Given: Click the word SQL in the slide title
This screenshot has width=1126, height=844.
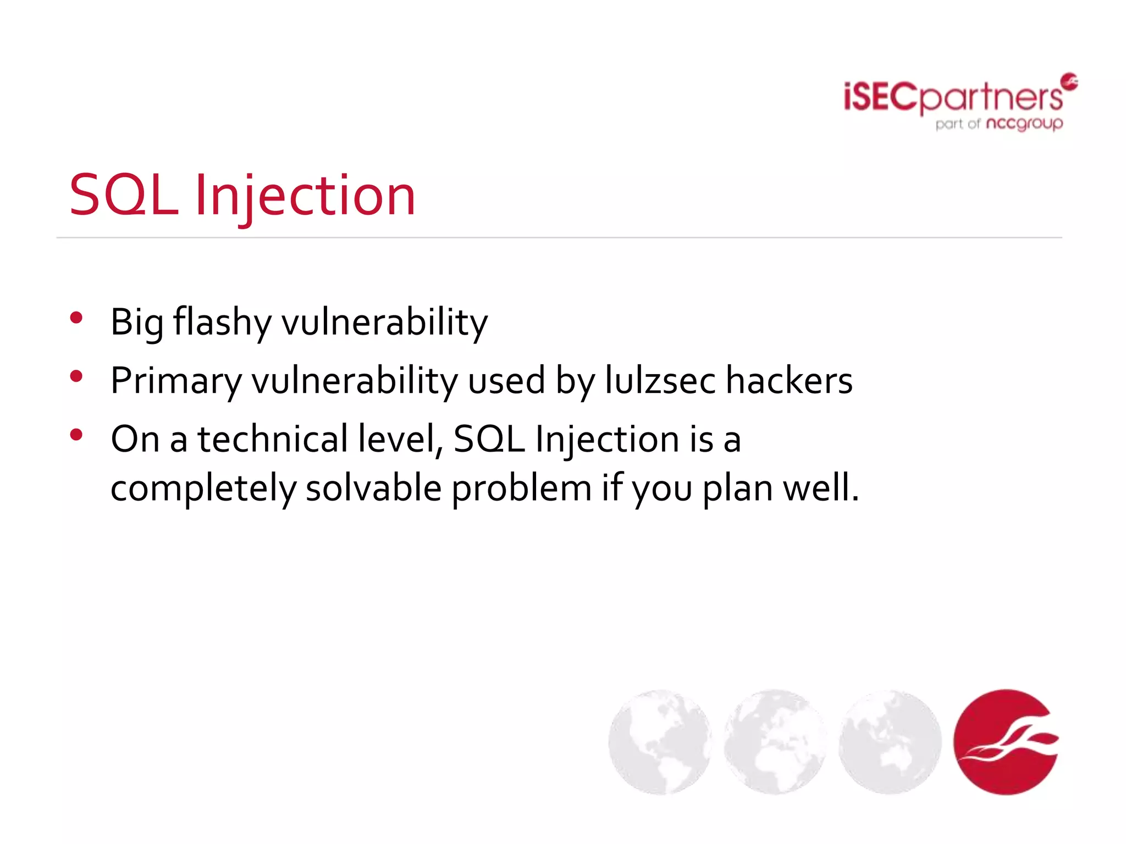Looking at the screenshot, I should click(x=124, y=195).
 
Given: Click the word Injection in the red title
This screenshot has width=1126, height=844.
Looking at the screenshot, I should click(x=305, y=196).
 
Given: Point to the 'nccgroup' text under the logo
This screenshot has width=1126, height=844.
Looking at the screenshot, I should click(x=1024, y=124).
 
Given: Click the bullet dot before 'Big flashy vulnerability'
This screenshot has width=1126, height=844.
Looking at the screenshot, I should click(x=76, y=318).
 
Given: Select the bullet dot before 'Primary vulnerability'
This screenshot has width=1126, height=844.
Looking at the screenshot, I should click(x=76, y=376).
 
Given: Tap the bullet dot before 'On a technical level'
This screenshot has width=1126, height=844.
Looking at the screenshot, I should click(x=76, y=435).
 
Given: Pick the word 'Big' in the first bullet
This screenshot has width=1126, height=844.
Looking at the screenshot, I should click(x=136, y=323).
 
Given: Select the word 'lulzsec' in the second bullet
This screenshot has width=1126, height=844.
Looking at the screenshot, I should click(x=660, y=380).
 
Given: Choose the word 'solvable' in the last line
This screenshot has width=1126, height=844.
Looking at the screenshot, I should click(x=373, y=488).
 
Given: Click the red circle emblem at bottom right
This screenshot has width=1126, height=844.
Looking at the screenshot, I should click(x=1006, y=742).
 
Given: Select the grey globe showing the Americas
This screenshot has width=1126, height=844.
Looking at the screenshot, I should click(x=660, y=742).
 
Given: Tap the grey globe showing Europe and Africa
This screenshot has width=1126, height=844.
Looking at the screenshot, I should click(x=775, y=742).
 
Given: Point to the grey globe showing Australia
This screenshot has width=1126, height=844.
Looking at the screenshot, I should click(x=890, y=742).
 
